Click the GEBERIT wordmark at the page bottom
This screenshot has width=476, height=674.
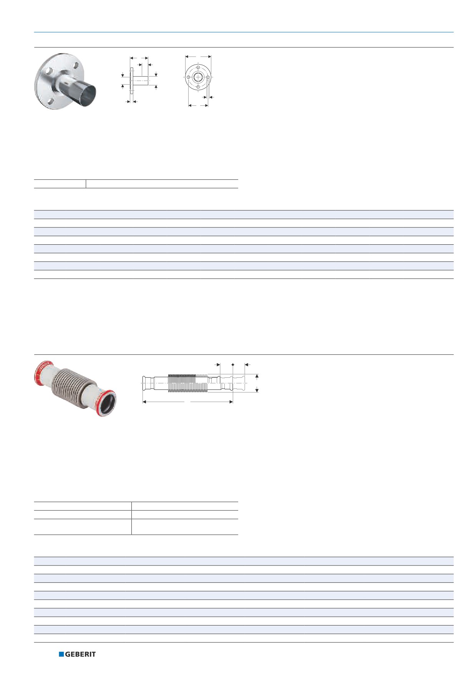tap(80, 654)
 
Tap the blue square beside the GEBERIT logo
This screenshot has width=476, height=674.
tap(61, 654)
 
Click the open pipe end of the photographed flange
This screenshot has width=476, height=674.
tap(90, 94)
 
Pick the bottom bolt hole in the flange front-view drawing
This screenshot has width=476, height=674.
tap(198, 87)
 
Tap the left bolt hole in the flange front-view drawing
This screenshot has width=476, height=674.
tap(188, 77)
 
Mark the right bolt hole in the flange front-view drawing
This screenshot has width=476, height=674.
tap(207, 77)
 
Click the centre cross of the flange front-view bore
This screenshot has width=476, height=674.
tap(198, 77)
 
